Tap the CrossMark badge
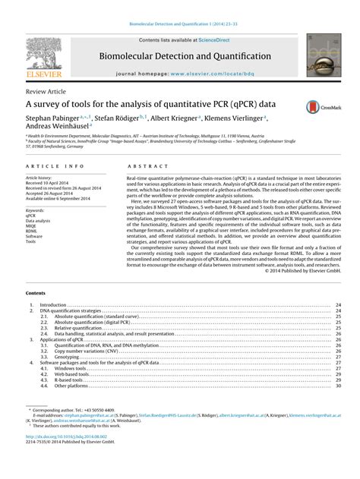[x=320, y=108]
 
